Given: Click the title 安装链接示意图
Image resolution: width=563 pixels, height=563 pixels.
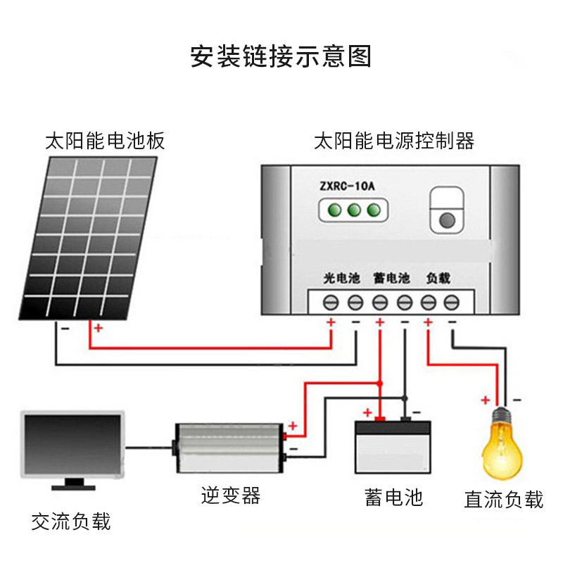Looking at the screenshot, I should click(281, 56).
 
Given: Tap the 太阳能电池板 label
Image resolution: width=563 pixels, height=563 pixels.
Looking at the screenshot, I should click(105, 141).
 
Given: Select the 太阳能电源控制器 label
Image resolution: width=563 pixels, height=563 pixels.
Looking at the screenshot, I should click(394, 141).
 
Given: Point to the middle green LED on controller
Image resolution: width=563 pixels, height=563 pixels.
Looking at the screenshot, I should click(354, 210).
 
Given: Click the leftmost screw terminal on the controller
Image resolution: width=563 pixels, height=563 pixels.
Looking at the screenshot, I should click(331, 303).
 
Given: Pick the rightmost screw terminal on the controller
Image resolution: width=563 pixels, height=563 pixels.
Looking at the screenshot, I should click(451, 303).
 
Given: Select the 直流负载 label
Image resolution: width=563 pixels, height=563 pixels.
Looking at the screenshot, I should click(504, 500).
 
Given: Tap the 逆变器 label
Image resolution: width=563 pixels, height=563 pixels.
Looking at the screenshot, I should click(230, 495).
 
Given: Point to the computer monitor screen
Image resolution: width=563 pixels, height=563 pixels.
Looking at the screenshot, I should click(72, 443).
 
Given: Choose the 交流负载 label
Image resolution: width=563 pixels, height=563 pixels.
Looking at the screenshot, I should click(71, 521).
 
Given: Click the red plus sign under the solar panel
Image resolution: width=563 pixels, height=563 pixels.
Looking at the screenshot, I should click(98, 328).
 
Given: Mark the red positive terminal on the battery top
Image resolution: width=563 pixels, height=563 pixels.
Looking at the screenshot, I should click(379, 420).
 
